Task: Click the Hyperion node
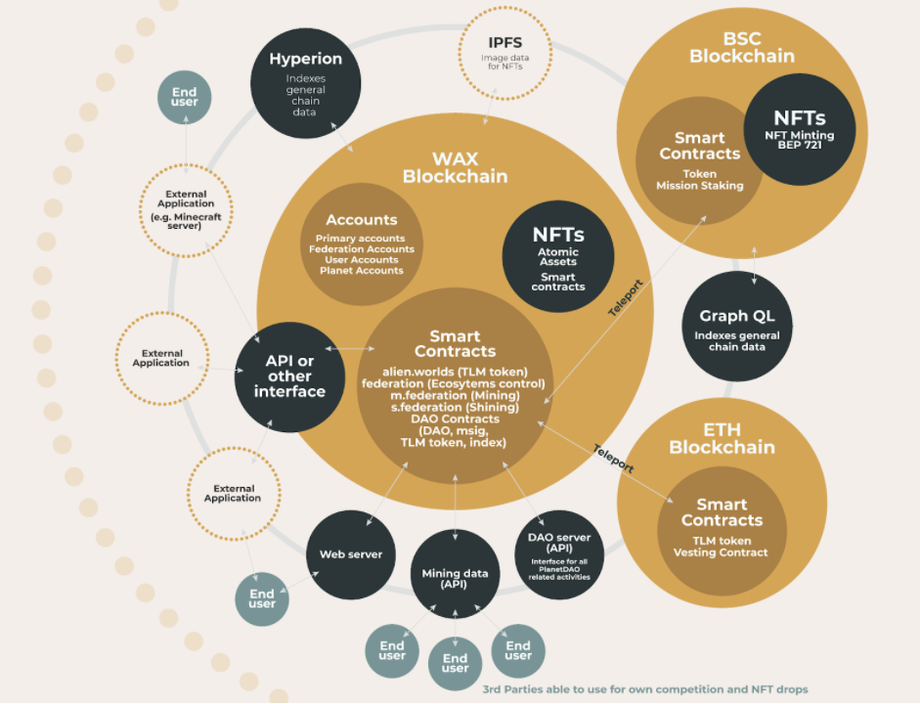(x=306, y=83)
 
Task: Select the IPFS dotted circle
(x=504, y=54)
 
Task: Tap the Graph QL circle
(x=737, y=327)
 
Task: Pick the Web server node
(x=351, y=554)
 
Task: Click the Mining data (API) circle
(x=456, y=574)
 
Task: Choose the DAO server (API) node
(x=559, y=554)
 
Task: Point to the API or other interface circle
(x=289, y=377)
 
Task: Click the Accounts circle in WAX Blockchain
(x=362, y=244)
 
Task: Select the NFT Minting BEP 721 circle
(x=800, y=130)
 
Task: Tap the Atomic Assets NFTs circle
(x=558, y=256)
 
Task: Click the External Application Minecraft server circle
(x=186, y=210)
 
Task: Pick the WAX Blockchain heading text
(x=456, y=168)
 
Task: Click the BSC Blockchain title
(x=742, y=48)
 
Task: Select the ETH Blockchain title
(x=723, y=439)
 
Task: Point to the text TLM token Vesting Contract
(x=722, y=547)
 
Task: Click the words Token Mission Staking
(x=700, y=180)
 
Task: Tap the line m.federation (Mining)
(x=456, y=395)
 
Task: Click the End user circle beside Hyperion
(x=184, y=98)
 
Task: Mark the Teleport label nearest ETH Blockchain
(x=614, y=459)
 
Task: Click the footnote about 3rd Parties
(x=645, y=689)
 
